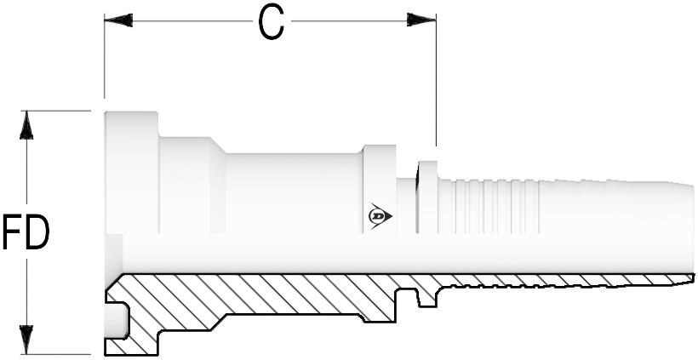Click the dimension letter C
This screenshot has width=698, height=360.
point(271,23)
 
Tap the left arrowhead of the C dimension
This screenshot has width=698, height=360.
point(118,20)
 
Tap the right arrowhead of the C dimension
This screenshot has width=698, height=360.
point(421,20)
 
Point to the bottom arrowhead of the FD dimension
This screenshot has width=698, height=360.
point(27,340)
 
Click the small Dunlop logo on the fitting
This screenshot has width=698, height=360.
point(380,216)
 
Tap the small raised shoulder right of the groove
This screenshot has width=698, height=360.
point(427,196)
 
